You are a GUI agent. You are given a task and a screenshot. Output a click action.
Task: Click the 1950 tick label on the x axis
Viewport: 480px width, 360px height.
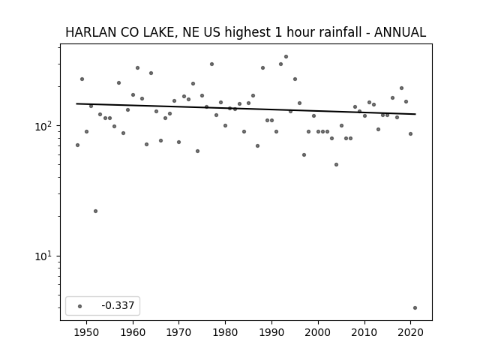point(87,332)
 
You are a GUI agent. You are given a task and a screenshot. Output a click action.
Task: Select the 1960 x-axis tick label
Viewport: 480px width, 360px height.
point(133,332)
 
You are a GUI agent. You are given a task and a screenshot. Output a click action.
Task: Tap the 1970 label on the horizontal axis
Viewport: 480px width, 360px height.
point(178,332)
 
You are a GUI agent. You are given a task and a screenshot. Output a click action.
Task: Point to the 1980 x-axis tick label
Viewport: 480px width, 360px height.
point(225,332)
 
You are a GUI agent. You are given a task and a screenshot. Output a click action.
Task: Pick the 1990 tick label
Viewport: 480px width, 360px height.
point(271,332)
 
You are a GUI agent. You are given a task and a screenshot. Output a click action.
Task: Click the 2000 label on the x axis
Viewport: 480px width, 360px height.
point(318,332)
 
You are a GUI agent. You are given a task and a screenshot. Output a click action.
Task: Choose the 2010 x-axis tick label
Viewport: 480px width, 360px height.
point(364,332)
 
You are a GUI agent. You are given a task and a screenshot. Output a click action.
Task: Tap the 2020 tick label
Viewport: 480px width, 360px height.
point(410,332)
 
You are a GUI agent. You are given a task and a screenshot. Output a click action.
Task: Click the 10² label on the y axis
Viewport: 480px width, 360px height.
point(45,126)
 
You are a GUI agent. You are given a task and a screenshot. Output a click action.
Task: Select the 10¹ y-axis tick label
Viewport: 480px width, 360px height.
point(45,256)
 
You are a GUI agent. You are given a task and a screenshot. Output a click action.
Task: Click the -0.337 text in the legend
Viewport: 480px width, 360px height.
point(118,305)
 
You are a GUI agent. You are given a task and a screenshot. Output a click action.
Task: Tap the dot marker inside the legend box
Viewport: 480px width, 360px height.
point(80,306)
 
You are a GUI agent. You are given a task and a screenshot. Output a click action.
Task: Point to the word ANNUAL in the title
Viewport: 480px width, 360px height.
point(400,32)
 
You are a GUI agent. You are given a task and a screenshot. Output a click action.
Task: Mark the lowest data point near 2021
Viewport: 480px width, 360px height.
point(415,308)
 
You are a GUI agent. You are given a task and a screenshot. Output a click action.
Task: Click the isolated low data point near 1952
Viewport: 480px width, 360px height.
point(95,211)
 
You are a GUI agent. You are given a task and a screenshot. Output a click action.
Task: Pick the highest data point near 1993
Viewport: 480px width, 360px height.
point(286,57)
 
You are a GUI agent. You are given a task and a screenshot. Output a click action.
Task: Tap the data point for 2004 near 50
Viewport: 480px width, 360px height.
point(337,165)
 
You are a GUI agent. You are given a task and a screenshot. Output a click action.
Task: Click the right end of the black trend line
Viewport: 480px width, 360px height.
point(415,114)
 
